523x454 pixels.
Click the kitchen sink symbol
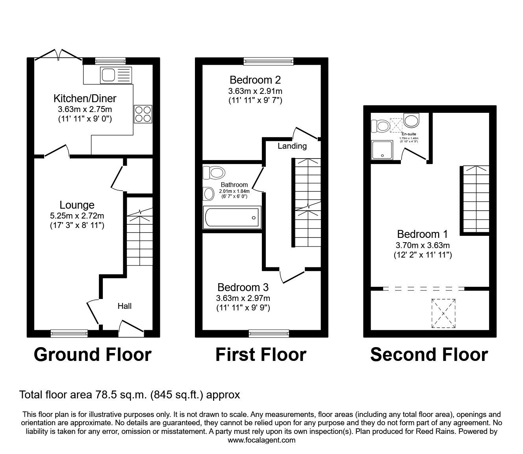116,75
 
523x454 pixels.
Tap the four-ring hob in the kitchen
143,114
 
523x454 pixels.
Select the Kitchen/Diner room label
85,98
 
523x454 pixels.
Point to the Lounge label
77,205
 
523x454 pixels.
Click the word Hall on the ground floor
124,306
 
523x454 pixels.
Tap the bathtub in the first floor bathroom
232,217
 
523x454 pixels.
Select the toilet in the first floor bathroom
214,172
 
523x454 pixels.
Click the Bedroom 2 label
255,80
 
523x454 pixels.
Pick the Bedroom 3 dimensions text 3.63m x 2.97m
243,298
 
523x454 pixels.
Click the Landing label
292,146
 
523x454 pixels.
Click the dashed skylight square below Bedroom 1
444,313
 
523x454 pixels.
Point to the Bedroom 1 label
422,234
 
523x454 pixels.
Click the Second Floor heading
429,355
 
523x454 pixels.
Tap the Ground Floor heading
93,355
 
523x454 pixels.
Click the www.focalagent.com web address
261,440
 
